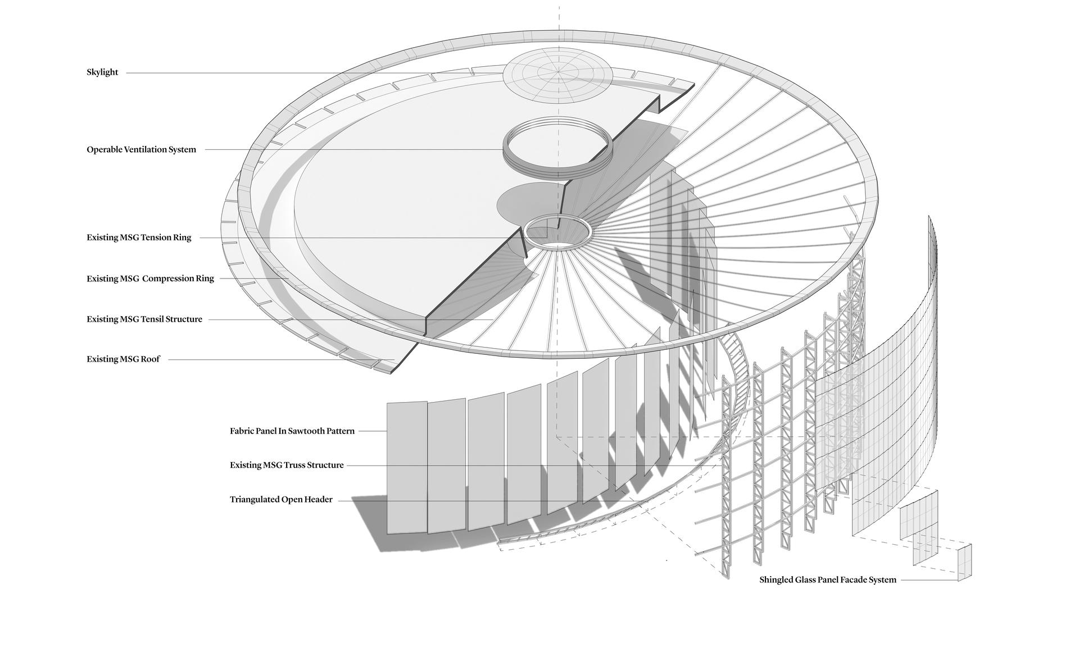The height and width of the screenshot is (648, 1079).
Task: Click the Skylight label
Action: [x=102, y=72]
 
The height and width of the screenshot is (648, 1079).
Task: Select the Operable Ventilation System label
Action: [x=141, y=149]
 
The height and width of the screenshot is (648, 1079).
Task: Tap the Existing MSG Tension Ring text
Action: [x=139, y=238]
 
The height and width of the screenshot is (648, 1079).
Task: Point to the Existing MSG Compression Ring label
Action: [x=150, y=279]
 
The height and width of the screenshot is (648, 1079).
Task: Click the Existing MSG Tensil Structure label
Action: [x=144, y=319]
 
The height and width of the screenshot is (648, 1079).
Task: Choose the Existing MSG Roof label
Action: [x=123, y=359]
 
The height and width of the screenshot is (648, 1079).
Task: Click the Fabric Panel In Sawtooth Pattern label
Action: [x=292, y=431]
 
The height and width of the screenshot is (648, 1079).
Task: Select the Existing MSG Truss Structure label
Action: [x=287, y=465]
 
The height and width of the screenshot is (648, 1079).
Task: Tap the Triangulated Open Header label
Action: [x=281, y=499]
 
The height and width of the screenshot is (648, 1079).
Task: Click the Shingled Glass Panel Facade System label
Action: [x=828, y=579]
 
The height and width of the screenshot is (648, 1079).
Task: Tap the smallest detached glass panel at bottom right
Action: [x=964, y=562]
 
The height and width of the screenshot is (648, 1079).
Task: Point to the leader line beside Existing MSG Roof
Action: [x=281, y=360]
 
